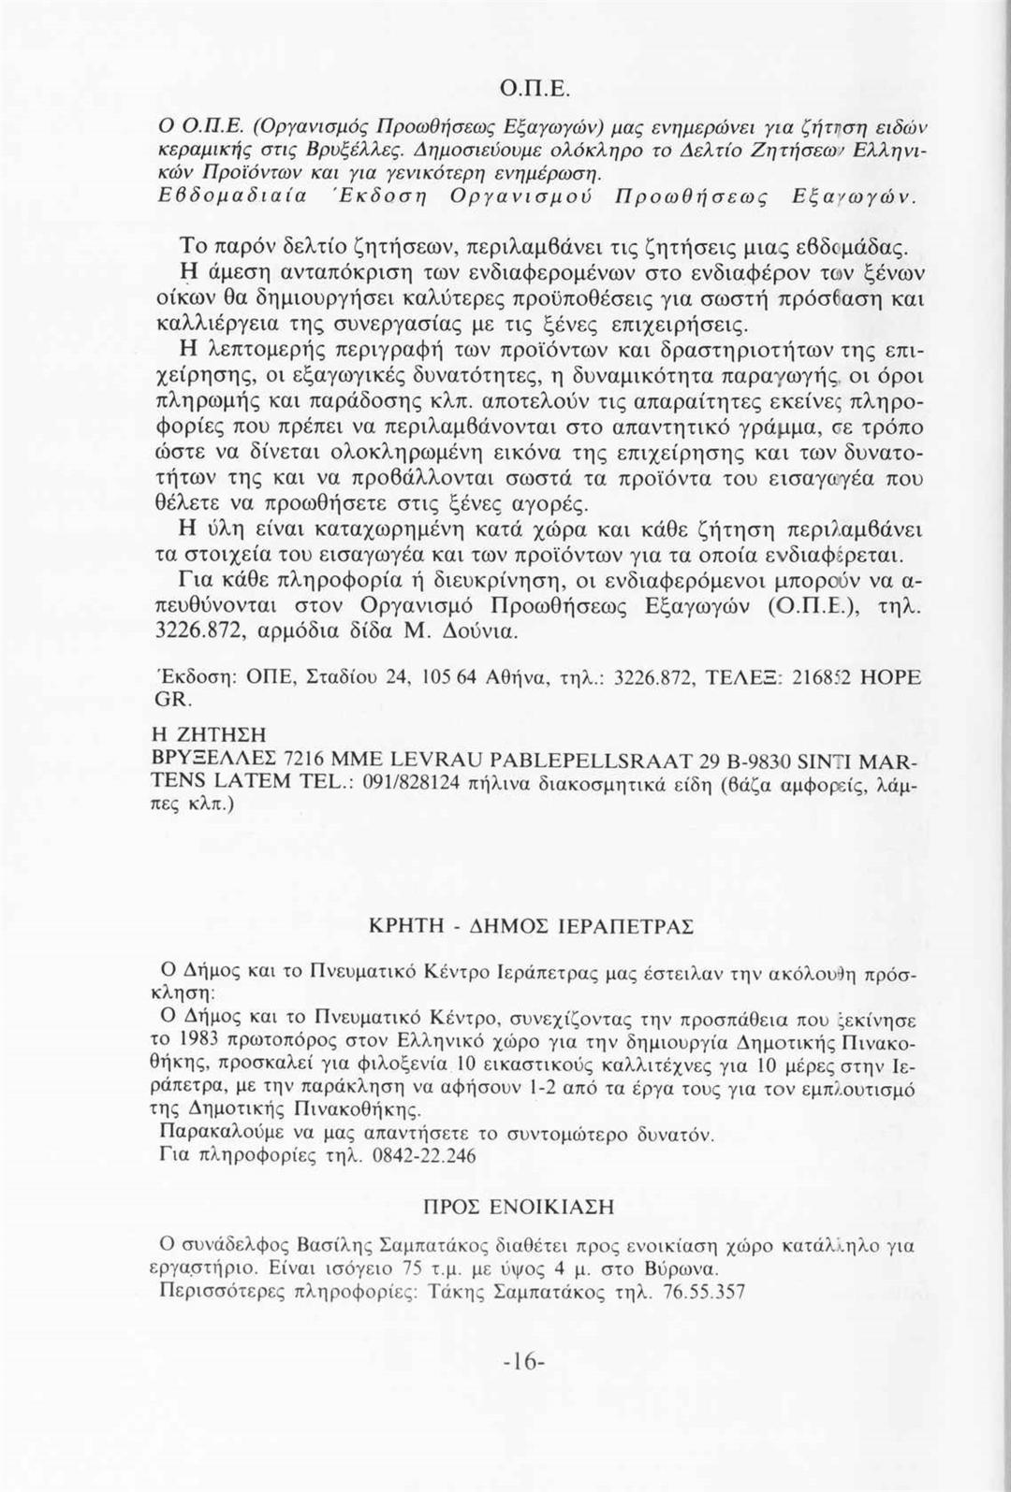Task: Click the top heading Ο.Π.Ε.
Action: tap(530, 91)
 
